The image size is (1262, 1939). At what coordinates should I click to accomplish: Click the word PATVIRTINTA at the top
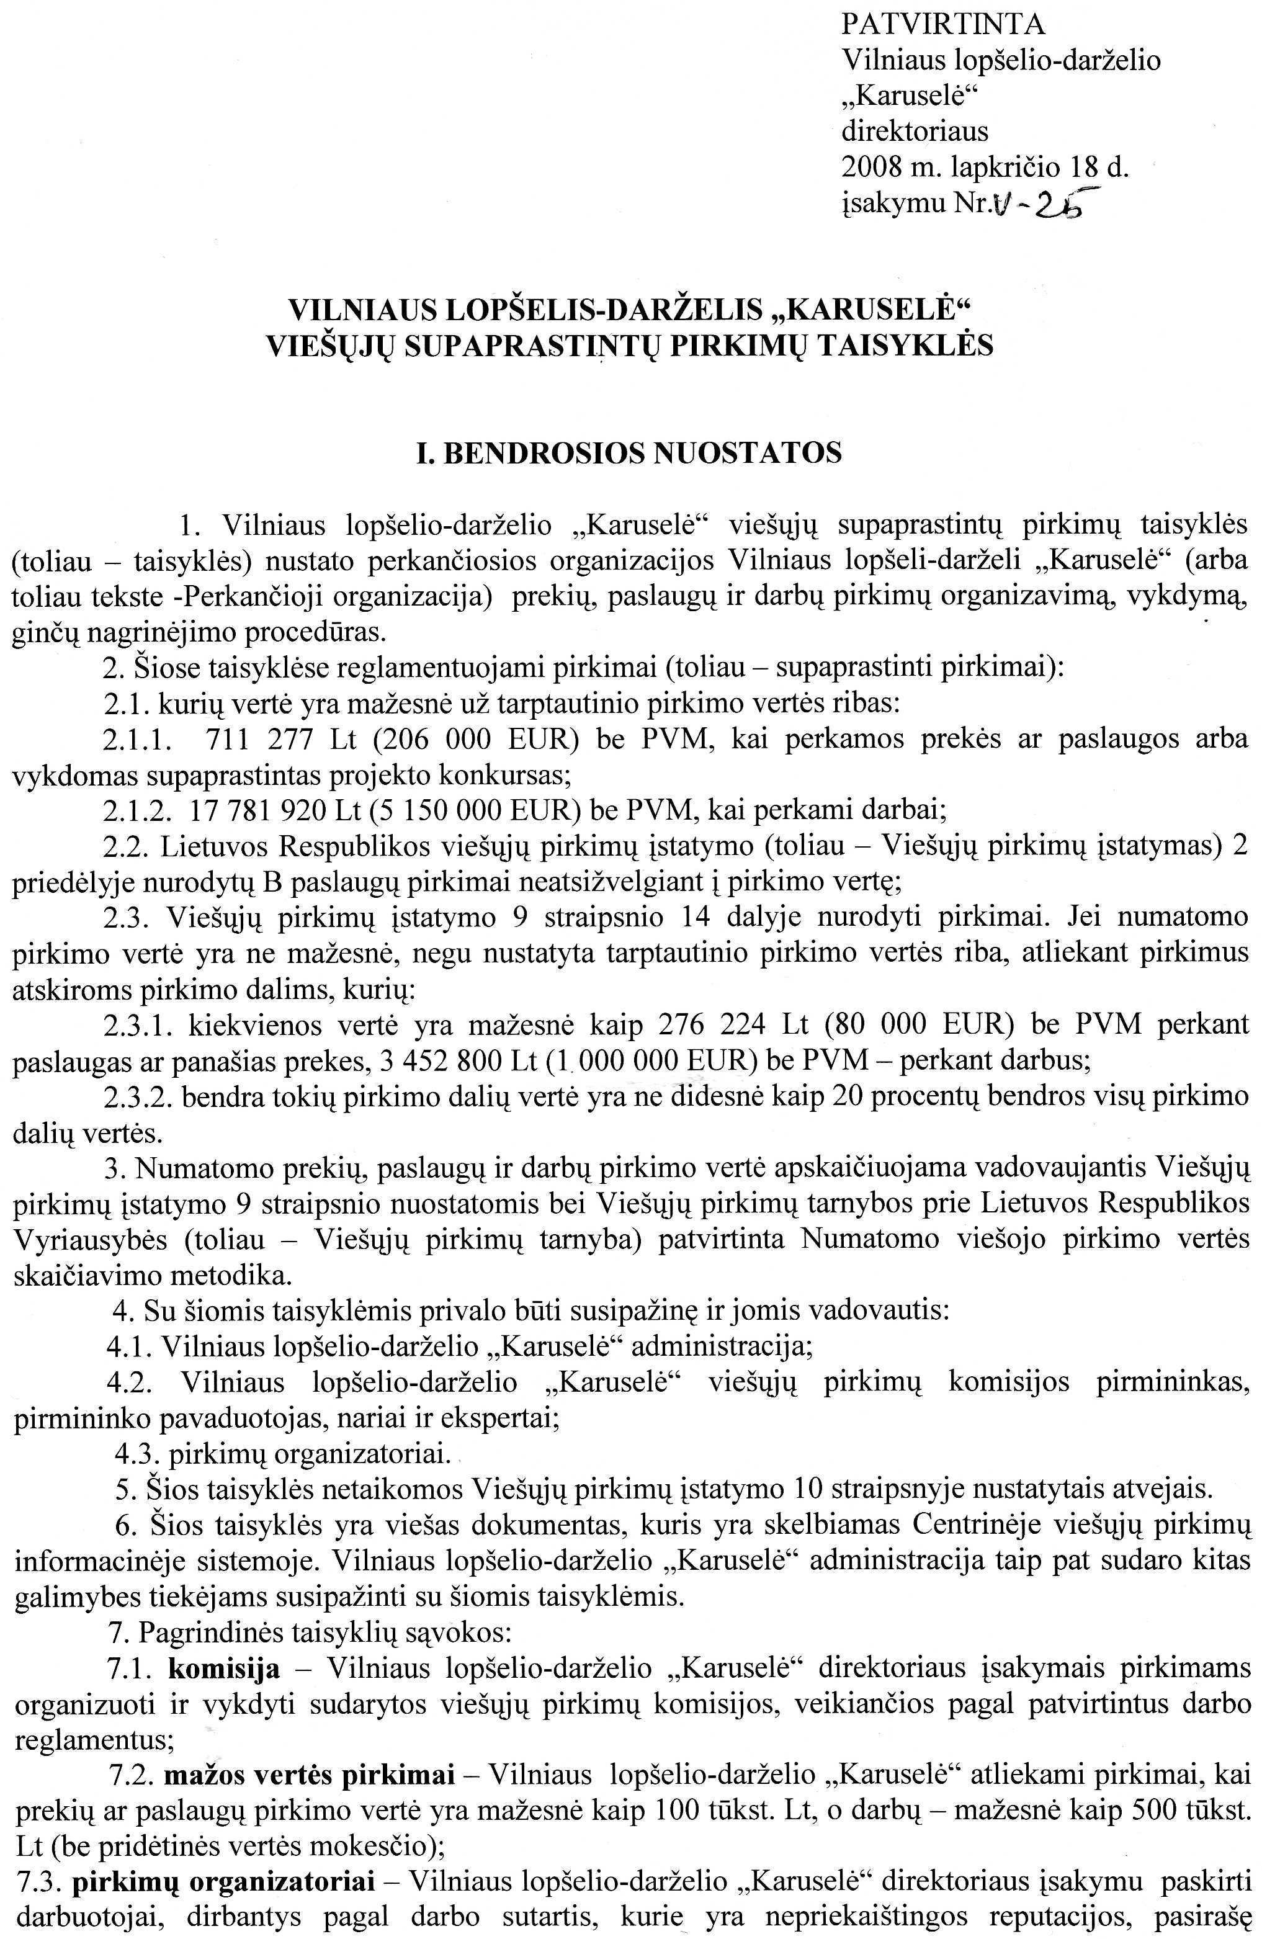coord(942,25)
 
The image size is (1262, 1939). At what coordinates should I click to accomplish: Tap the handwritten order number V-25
coord(1044,204)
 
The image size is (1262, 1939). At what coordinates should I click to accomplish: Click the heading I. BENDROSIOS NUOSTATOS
coord(629,453)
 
